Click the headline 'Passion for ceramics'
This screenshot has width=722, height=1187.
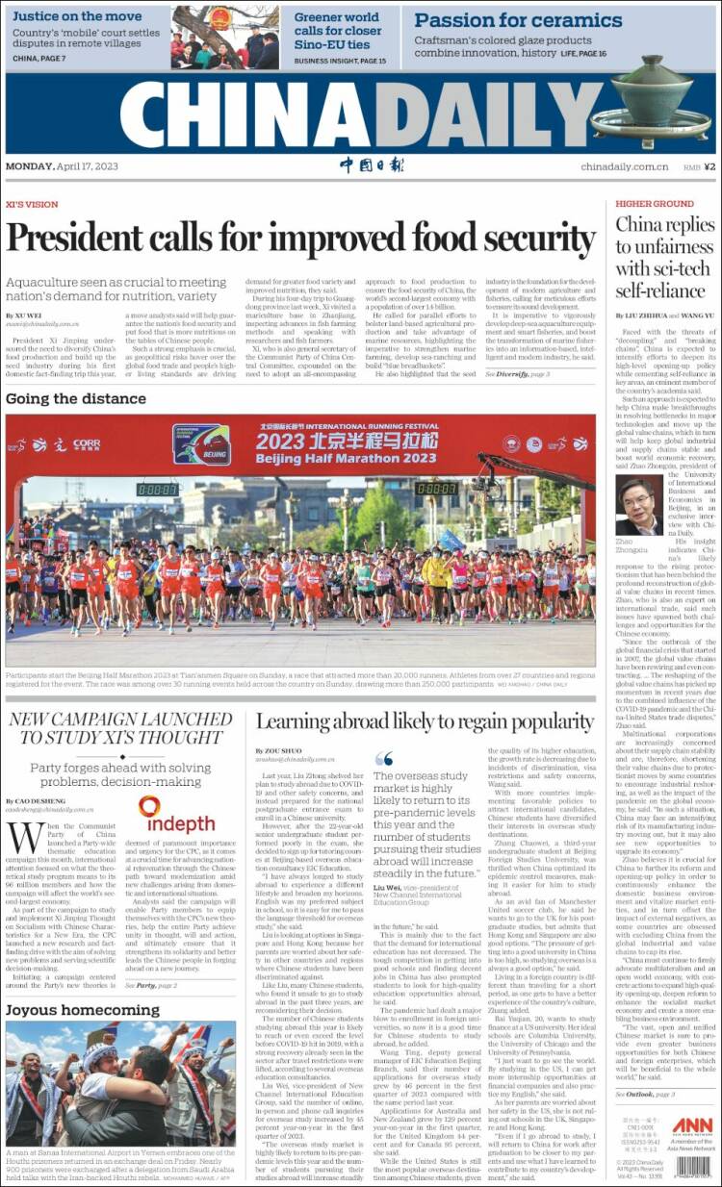pyautogui.click(x=518, y=20)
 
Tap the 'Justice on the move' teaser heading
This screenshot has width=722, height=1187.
pyautogui.click(x=77, y=16)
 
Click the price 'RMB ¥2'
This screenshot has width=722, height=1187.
pyautogui.click(x=699, y=166)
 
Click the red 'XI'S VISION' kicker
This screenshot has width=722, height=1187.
pyautogui.click(x=32, y=204)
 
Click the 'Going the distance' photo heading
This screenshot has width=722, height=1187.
pyautogui.click(x=76, y=398)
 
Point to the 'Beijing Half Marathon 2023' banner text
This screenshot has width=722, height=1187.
pyautogui.click(x=332, y=458)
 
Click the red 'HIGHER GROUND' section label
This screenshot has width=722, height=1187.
pyautogui.click(x=655, y=204)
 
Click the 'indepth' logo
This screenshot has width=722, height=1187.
pyautogui.click(x=176, y=818)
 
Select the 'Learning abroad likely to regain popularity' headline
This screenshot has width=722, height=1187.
pyautogui.click(x=425, y=722)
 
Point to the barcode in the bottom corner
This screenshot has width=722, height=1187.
pyautogui.click(x=692, y=1167)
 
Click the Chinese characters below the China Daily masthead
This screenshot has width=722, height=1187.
pyautogui.click(x=372, y=165)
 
